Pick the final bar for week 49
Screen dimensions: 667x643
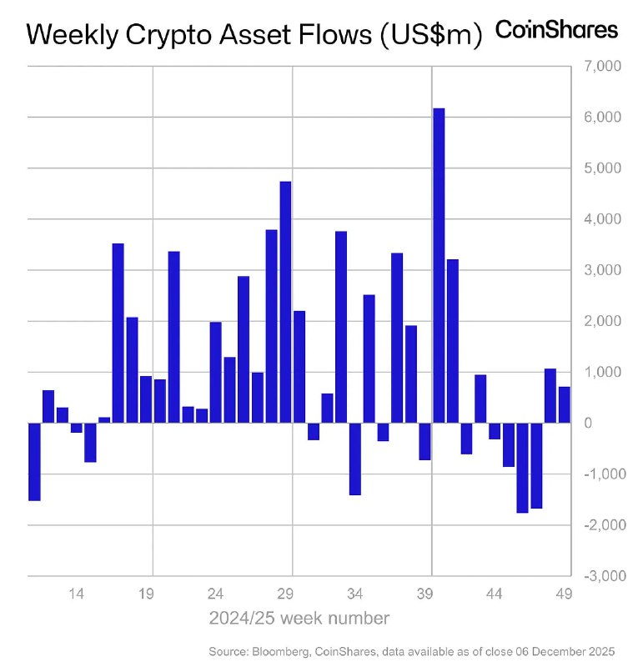tap(565, 404)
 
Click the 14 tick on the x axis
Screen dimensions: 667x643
tap(76, 594)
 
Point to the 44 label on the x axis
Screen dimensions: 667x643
tap(495, 594)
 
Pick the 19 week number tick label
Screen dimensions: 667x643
tap(146, 594)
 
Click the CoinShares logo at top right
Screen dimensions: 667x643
tap(557, 30)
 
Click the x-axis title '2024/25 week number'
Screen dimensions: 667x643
tap(299, 619)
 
